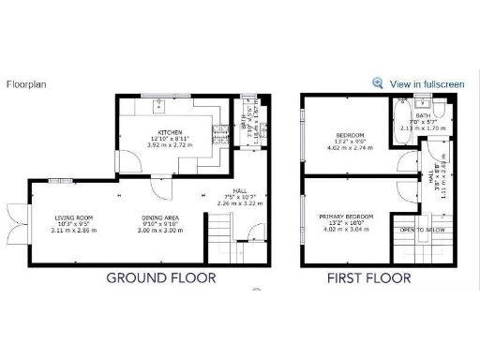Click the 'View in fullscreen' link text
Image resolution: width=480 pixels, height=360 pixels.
pyautogui.click(x=427, y=84)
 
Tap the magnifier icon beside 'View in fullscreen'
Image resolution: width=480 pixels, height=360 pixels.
pyautogui.click(x=378, y=83)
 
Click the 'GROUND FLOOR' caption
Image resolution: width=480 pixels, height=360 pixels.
pyautogui.click(x=160, y=277)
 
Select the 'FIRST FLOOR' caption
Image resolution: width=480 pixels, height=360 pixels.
pyautogui.click(x=368, y=277)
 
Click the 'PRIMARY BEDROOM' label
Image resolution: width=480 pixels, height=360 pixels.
pyautogui.click(x=346, y=217)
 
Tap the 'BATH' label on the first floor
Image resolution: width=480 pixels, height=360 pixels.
pyautogui.click(x=423, y=116)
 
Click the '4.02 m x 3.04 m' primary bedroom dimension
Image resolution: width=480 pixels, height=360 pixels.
pyautogui.click(x=346, y=231)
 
